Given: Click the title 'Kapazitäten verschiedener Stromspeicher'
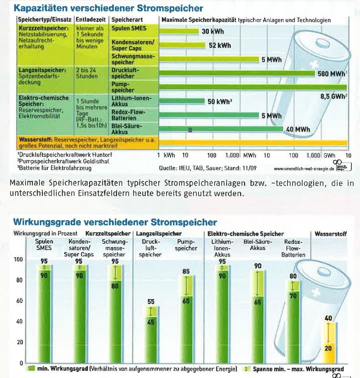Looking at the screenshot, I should coord(108,8).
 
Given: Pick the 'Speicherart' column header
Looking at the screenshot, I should coord(128,20).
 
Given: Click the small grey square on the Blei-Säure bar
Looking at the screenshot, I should coord(191,129).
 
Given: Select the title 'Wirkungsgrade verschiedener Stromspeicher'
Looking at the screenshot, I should coord(115,221).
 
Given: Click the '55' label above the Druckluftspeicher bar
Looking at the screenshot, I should coord(151,302).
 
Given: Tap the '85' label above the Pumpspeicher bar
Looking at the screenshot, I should coord(186,272).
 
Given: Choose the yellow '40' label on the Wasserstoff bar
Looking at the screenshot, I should coord(328,318).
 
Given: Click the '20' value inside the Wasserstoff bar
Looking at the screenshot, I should coord(328,349).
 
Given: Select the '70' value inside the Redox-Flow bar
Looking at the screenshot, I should coord(294,296).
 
